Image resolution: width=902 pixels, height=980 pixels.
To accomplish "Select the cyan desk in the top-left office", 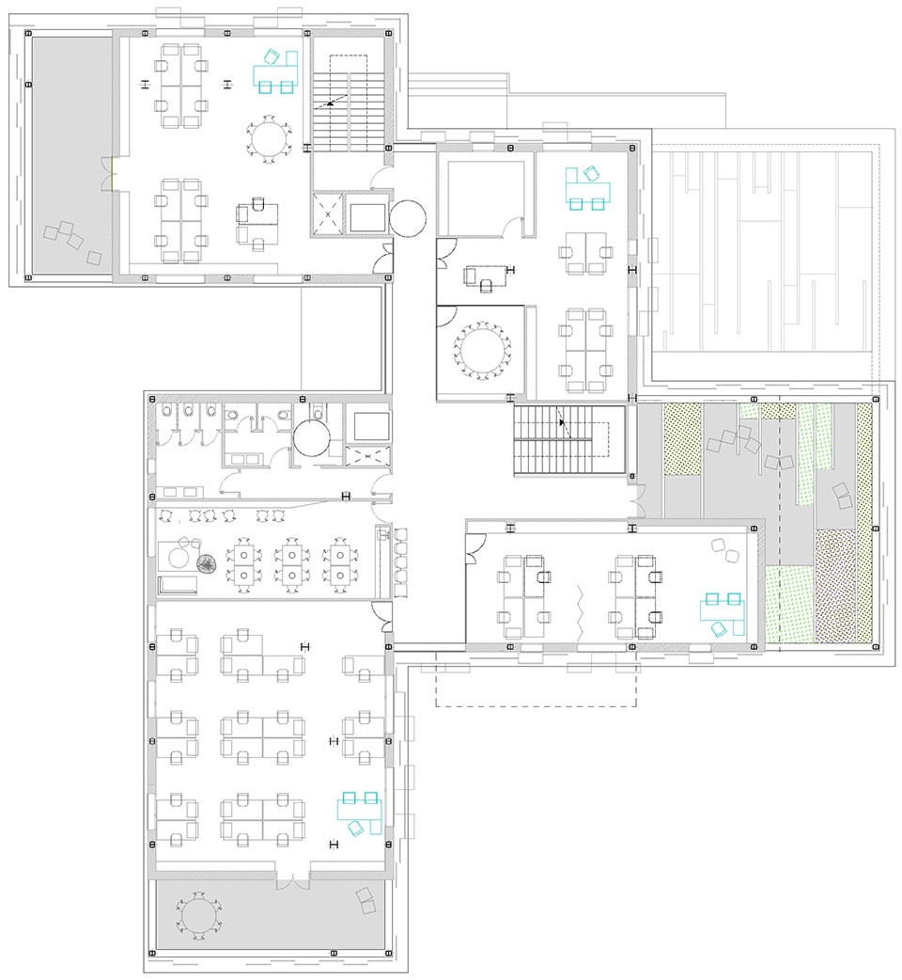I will tap(274, 71).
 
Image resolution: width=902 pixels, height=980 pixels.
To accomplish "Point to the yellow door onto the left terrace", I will tap(112, 170).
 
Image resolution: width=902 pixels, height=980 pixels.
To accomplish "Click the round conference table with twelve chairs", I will tap(482, 351).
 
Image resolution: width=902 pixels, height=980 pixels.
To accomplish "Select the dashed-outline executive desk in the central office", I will tap(488, 276).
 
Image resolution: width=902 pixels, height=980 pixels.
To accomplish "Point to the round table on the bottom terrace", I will tap(198, 914).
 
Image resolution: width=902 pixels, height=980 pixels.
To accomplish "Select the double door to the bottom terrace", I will tap(292, 882).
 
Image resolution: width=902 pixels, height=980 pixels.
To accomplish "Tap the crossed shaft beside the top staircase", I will tap(329, 213).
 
